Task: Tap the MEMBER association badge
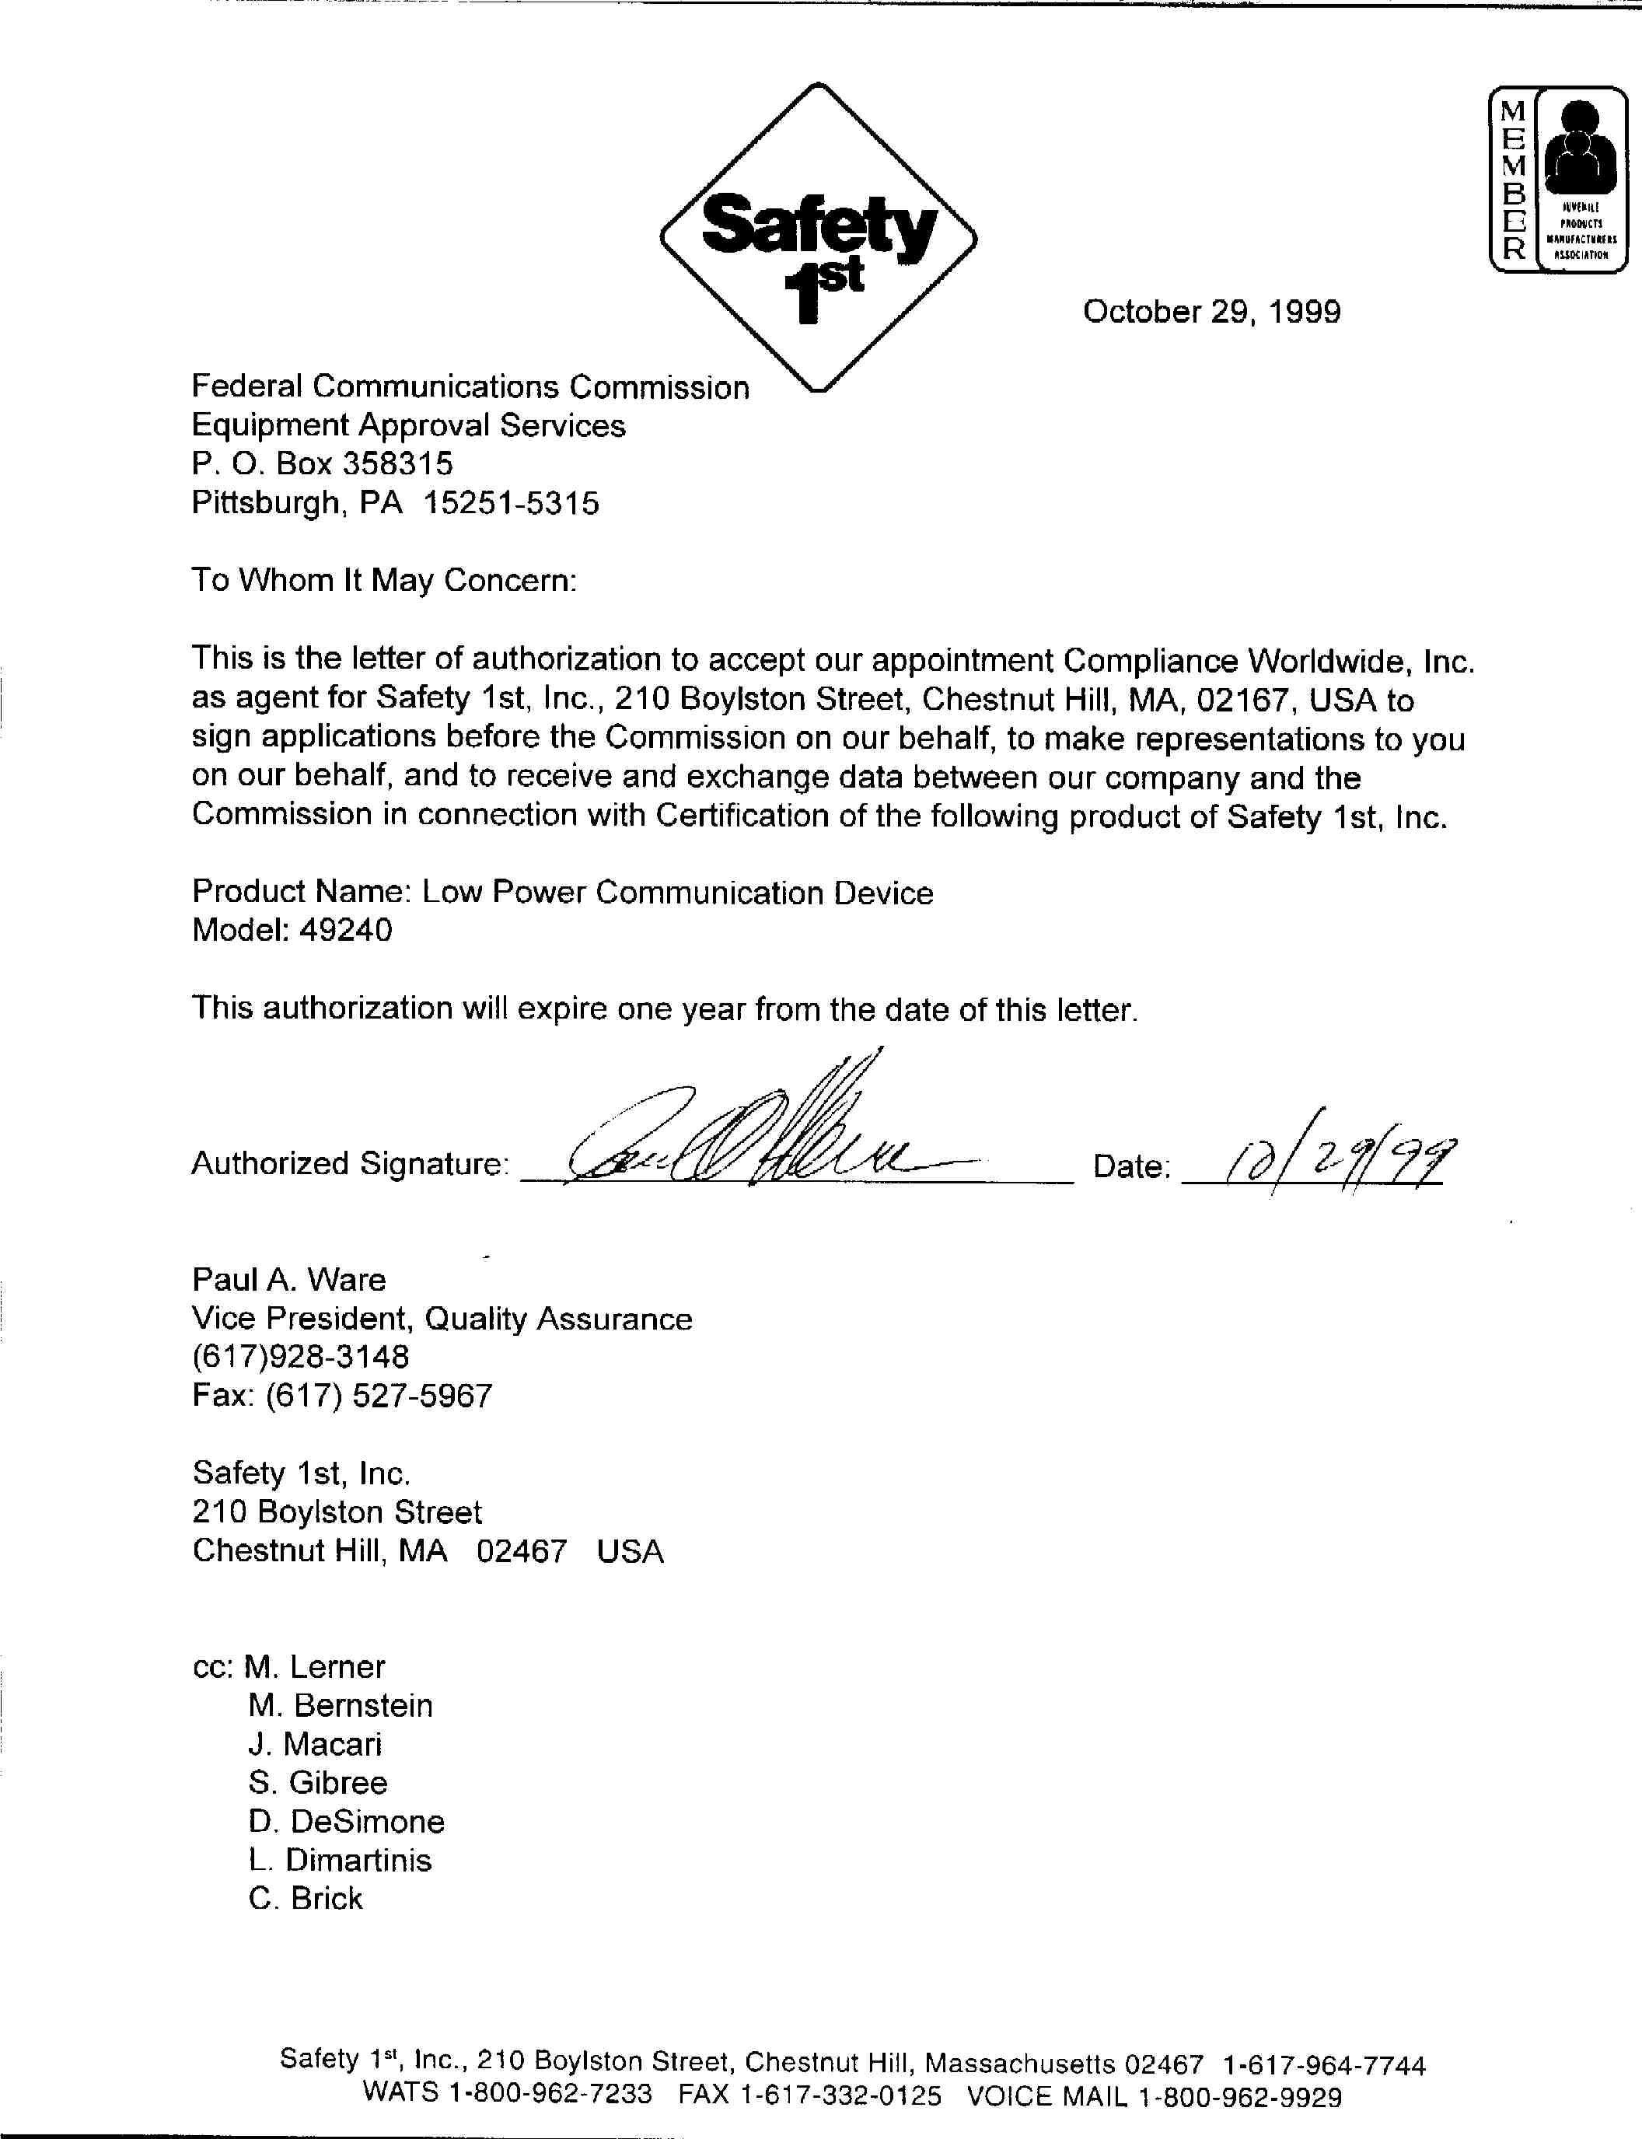[1557, 178]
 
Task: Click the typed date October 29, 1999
[1211, 312]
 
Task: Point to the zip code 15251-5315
[511, 504]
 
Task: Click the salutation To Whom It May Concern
[384, 581]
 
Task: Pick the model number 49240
[346, 930]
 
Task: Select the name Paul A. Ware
[288, 1280]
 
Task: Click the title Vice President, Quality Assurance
[442, 1319]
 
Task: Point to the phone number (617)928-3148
[301, 1357]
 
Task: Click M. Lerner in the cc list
[314, 1667]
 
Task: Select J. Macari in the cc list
[315, 1744]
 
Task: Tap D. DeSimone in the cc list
[346, 1821]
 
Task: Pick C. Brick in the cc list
[305, 1899]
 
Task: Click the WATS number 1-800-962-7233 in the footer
[550, 2095]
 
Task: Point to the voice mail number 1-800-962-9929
[1239, 2097]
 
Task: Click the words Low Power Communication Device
[677, 893]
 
